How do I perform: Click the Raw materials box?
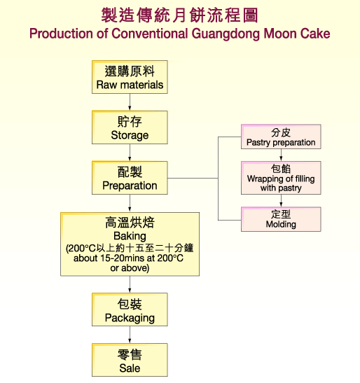point(130,78)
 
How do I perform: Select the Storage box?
point(130,127)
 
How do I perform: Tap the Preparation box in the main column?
point(130,178)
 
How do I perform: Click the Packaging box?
point(130,310)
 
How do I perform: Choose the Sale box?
point(130,361)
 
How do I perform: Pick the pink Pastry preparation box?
point(281,137)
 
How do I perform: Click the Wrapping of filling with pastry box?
point(281,178)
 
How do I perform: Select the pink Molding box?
point(281,219)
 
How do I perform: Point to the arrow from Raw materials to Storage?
point(130,102)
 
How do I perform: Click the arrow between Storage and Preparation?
point(130,153)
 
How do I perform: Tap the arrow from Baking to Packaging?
point(130,284)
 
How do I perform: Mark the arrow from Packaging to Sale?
point(130,335)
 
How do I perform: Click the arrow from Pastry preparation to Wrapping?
point(281,155)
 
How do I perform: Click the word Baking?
point(130,237)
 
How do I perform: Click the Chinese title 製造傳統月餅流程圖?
point(179,15)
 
